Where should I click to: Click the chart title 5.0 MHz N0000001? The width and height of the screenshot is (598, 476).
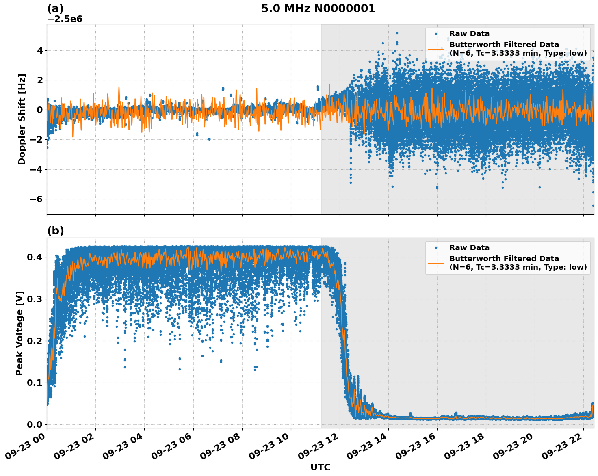pyautogui.click(x=318, y=9)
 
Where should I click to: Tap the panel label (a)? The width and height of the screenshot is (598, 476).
pyautogui.click(x=55, y=9)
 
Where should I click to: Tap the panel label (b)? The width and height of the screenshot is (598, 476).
pyautogui.click(x=55, y=231)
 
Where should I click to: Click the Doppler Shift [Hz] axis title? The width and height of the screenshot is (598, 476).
pyautogui.click(x=22, y=119)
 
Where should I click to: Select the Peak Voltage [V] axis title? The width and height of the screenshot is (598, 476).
pyautogui.click(x=19, y=333)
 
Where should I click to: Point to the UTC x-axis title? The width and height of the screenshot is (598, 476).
pyautogui.click(x=320, y=467)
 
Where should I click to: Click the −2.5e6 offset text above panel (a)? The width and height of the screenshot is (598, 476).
pyautogui.click(x=65, y=19)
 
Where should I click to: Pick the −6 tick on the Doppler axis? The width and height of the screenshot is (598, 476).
pyautogui.click(x=36, y=199)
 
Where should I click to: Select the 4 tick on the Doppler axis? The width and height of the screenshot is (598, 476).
pyautogui.click(x=40, y=50)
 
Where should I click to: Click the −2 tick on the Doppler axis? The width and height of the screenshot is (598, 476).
pyautogui.click(x=36, y=140)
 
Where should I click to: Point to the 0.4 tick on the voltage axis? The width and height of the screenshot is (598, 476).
pyautogui.click(x=35, y=257)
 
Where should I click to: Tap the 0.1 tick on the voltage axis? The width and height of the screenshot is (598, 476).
pyautogui.click(x=35, y=383)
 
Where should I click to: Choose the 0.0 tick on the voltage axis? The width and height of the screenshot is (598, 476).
pyautogui.click(x=35, y=424)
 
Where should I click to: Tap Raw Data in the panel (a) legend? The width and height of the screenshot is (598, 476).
pyautogui.click(x=469, y=34)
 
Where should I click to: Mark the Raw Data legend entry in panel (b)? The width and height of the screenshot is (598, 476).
pyautogui.click(x=469, y=248)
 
